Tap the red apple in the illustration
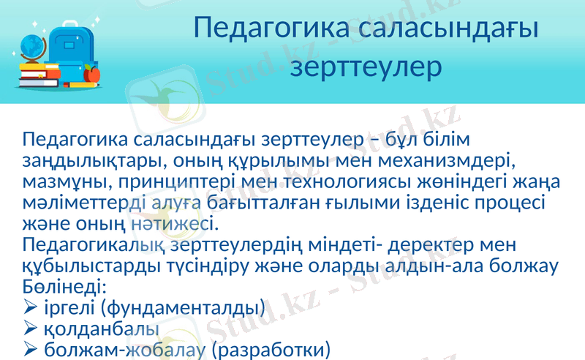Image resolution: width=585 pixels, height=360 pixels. pos(91,73)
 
